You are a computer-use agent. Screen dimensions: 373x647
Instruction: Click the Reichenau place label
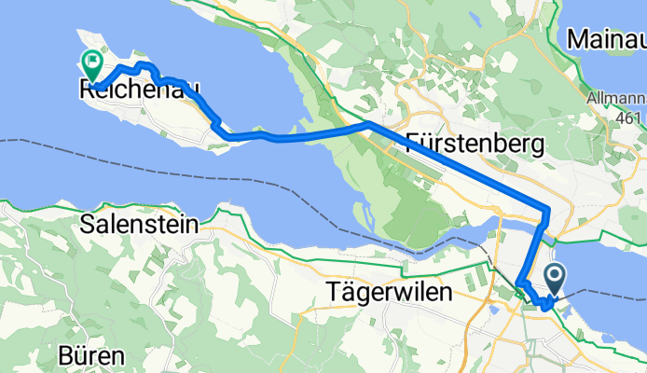tap(138, 90)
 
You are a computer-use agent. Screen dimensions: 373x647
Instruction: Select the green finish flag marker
tap(93, 63)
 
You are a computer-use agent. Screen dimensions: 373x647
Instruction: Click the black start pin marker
tap(555, 277)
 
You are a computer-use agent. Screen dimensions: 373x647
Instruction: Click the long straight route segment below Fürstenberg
tap(457, 163)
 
